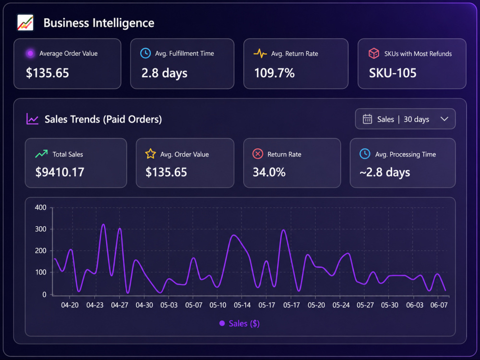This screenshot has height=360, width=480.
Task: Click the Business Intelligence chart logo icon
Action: [x=25, y=23]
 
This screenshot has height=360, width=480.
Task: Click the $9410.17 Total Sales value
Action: [x=60, y=172]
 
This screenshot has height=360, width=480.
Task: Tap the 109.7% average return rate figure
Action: [x=274, y=73]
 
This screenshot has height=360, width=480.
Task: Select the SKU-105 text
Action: [x=393, y=73]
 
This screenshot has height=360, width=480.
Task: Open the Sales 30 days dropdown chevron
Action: [x=444, y=119]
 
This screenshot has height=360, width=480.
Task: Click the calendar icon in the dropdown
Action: [x=367, y=119]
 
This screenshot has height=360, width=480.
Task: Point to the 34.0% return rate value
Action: [x=269, y=172]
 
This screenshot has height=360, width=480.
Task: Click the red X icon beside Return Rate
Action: [x=258, y=154]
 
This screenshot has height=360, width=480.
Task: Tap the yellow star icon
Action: [x=150, y=154]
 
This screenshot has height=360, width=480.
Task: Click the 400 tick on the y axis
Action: [x=40, y=207]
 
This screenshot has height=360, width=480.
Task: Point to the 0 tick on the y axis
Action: [x=44, y=295]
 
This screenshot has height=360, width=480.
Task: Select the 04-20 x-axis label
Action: [x=70, y=305]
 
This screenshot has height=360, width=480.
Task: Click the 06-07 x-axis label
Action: [x=439, y=305]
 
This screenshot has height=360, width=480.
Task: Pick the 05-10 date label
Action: [x=218, y=305]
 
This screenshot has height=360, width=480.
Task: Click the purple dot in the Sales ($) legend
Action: [x=222, y=323]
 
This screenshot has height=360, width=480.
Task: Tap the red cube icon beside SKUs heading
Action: [x=374, y=53]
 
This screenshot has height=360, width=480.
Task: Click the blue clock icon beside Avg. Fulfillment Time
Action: [x=145, y=53]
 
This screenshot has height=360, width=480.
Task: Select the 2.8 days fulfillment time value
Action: [x=164, y=73]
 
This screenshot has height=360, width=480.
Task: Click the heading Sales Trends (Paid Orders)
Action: [x=103, y=119]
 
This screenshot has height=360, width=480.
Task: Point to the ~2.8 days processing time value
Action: [x=385, y=172]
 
